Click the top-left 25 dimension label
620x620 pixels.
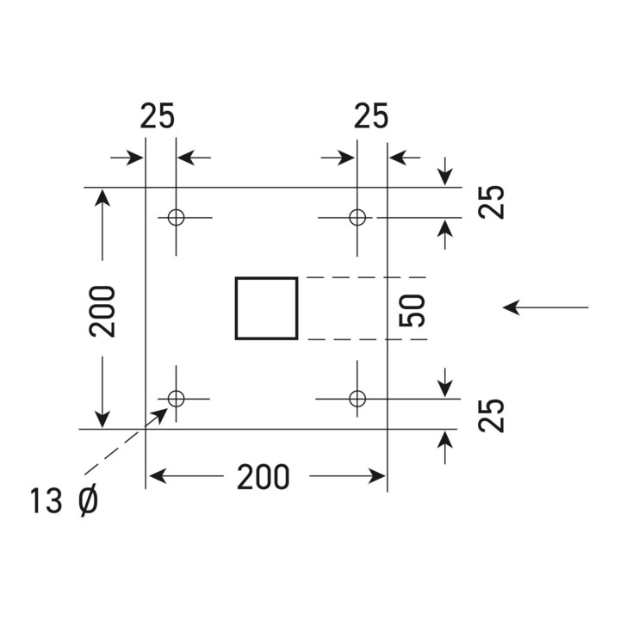pos(157,116)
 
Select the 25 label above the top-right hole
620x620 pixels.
pos(371,116)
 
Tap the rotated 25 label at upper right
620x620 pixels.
pos(491,202)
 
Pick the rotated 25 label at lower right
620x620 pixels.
pos(491,416)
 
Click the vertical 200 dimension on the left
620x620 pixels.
pos(102,312)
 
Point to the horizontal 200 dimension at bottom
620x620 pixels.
pos(263,477)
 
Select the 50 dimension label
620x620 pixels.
pos(412,311)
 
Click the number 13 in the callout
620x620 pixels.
pos(46,501)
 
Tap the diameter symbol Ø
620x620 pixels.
pos(88,501)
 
